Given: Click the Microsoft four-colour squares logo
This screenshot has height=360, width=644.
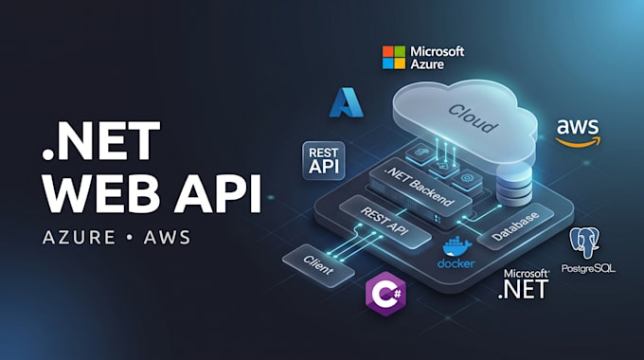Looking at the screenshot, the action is point(393,57).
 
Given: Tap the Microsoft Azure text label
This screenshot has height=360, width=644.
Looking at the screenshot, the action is point(437,58).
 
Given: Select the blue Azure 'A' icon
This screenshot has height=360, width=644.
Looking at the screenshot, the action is point(347,102).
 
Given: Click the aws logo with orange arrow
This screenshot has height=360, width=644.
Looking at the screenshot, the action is point(578,133).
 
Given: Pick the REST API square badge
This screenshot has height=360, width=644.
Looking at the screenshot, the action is point(324,161).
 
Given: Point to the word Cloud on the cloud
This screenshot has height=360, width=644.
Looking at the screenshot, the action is point(474,117).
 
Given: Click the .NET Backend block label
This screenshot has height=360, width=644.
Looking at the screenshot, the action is point(420,187).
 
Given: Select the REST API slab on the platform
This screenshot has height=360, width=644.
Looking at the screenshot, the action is point(385,222).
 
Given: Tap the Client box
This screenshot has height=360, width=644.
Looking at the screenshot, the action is point(318,265).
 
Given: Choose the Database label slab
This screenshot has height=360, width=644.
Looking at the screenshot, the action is point(514,225).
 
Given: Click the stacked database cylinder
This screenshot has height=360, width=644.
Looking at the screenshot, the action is point(514,184).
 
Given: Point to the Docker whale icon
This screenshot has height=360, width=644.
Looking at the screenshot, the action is point(457,246).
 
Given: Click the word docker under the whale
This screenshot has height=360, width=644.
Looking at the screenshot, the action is point(456,263).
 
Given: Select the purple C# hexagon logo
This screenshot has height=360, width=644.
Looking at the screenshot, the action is point(385,294).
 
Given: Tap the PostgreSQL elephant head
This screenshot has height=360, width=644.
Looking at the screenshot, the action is point(584,243).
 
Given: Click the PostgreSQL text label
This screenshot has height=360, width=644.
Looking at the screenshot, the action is point(588,269).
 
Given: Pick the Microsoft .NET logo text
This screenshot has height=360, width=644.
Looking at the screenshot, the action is point(524,283).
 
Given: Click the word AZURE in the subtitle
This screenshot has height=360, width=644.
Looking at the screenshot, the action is point(79,238).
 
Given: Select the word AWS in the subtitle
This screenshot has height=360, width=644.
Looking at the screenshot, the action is point(167,238).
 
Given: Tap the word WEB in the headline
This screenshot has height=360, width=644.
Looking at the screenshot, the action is point(101,193).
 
